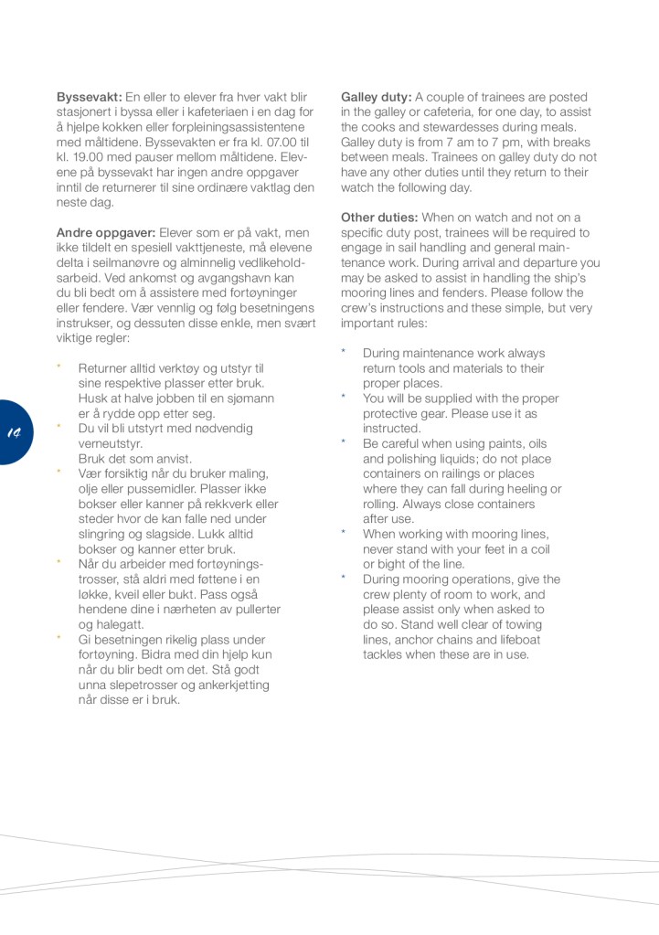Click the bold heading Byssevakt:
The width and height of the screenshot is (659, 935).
point(90,97)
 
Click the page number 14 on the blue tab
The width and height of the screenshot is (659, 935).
point(15,431)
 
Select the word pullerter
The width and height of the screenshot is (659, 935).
point(255,610)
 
